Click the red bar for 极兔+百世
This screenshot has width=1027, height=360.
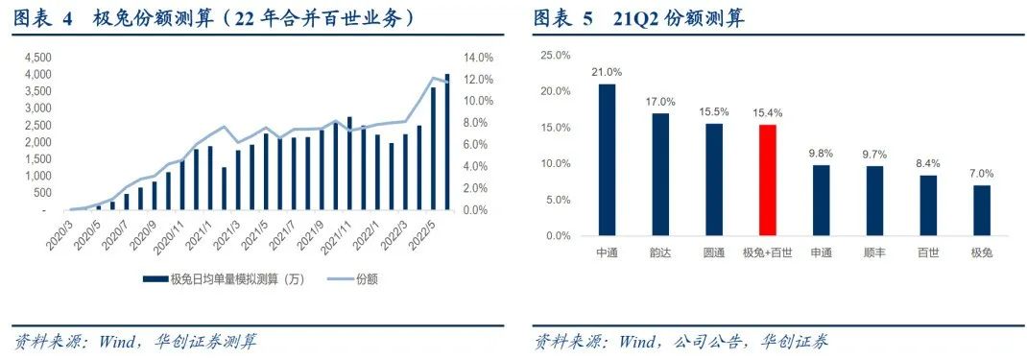(767, 180)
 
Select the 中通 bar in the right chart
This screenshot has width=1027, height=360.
(607, 159)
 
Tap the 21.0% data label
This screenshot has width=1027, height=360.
(607, 72)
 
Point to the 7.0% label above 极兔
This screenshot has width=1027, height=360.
(981, 174)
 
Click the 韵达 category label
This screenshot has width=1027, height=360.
(660, 252)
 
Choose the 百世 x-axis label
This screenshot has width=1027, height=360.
(927, 252)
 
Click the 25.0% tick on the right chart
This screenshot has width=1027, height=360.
(556, 56)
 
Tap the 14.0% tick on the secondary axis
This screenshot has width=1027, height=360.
(479, 57)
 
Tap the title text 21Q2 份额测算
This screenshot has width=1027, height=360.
(678, 18)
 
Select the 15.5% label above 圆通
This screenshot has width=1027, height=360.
(714, 111)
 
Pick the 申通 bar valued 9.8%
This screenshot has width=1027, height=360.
(821, 200)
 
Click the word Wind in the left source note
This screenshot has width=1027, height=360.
(120, 342)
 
